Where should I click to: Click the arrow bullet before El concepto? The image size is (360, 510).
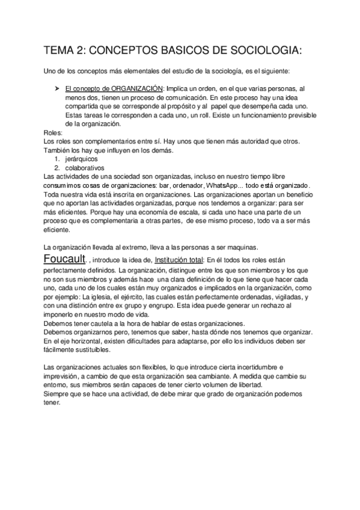pos(56,88)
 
